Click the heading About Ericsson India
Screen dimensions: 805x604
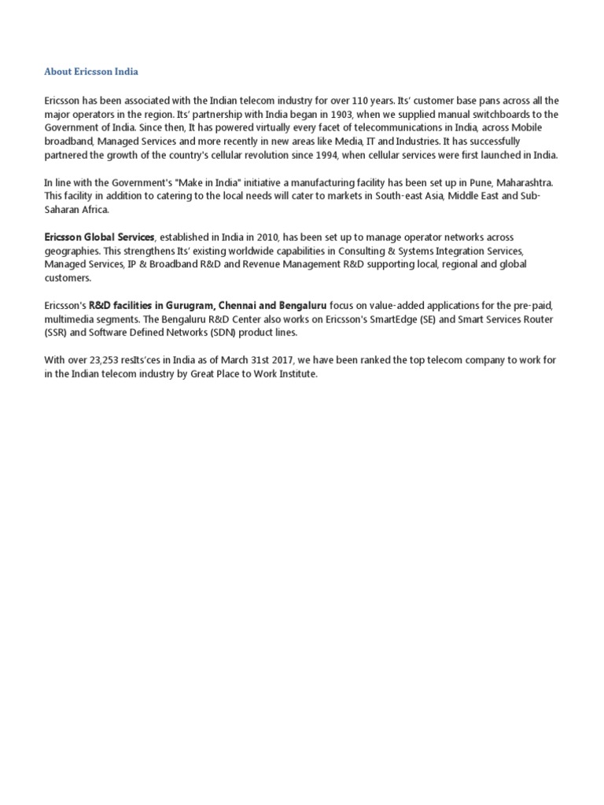click(91, 72)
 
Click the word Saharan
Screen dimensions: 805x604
click(65, 209)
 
